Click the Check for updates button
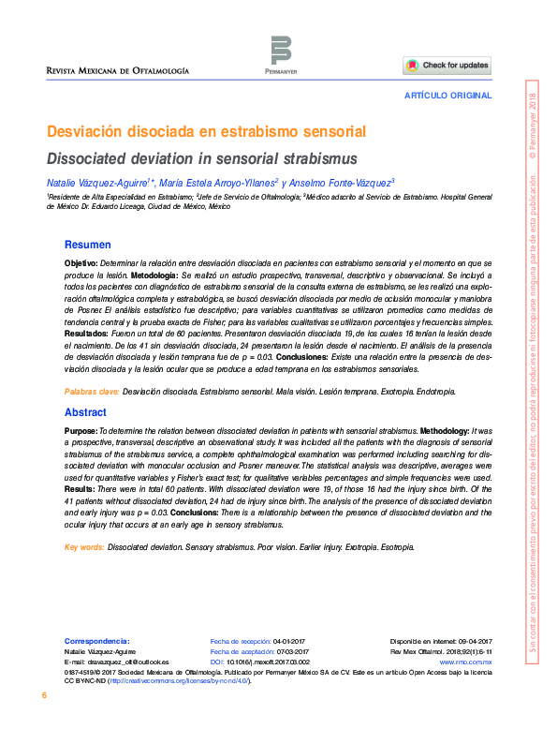447,66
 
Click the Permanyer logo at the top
280,52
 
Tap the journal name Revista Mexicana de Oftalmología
119,71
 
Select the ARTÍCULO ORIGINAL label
447,97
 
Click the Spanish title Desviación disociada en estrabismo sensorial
206,131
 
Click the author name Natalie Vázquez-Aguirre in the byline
100,182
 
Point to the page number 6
44,696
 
